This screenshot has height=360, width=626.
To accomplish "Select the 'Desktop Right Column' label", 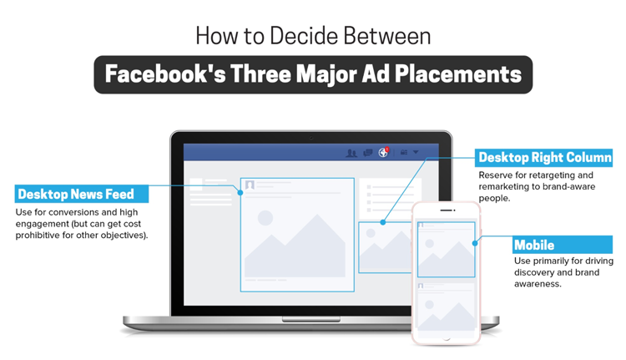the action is click(543, 157).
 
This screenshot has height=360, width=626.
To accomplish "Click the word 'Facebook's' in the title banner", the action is click(165, 74).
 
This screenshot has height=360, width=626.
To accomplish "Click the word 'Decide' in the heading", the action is click(304, 36).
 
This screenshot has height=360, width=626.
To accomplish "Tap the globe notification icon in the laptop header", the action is click(383, 152).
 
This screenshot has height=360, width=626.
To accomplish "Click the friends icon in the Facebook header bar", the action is click(351, 153).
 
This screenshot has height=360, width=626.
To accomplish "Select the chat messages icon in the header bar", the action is click(368, 153).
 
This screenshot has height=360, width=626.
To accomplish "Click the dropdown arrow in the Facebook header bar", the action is click(416, 152).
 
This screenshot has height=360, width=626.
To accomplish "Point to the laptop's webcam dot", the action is click(311, 138).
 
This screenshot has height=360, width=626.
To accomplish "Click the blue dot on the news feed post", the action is click(240, 193).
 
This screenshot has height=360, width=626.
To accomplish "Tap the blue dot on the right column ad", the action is click(383, 222).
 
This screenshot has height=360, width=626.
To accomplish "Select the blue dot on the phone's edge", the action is click(475, 243).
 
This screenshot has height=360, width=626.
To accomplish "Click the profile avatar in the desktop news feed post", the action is click(250, 185).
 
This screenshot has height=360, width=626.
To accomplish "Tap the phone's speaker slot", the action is click(447, 210).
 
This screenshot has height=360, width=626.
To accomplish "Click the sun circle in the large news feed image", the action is click(265, 218).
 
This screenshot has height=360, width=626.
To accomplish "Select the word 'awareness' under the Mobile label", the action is click(538, 284).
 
